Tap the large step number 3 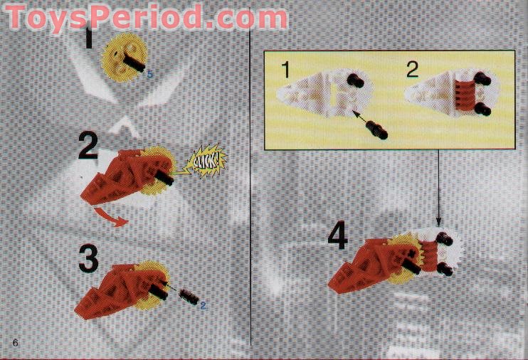(x=88, y=260)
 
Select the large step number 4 (x=337, y=237)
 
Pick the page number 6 (x=14, y=344)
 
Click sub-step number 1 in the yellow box (x=285, y=70)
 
